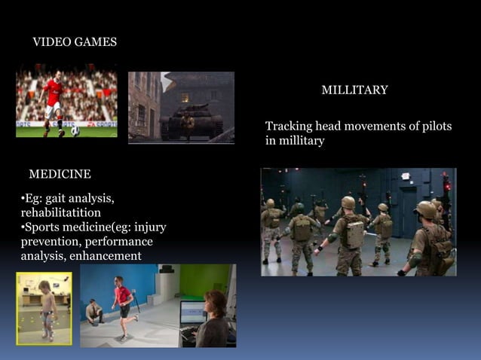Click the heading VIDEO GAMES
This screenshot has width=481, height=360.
pyautogui.click(x=75, y=42)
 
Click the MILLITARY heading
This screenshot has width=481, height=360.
pyautogui.click(x=354, y=90)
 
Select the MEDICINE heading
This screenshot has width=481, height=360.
pyautogui.click(x=60, y=175)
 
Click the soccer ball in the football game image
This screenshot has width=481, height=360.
pyautogui.click(x=75, y=131)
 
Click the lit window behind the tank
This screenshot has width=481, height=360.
pyautogui.click(x=185, y=97)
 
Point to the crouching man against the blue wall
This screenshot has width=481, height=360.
pyautogui.click(x=93, y=311)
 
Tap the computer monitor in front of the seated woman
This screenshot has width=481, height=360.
pyautogui.click(x=192, y=313)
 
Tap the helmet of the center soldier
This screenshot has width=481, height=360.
pyautogui.click(x=348, y=203)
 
